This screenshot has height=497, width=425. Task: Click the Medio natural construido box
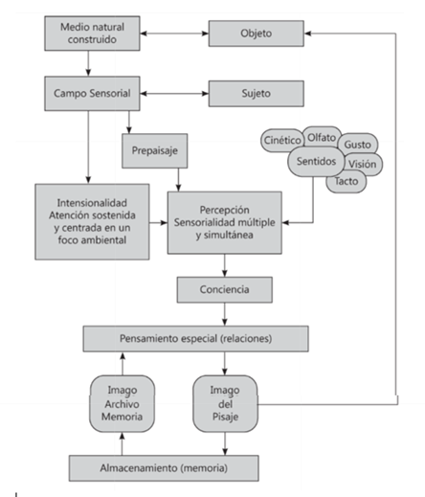92,34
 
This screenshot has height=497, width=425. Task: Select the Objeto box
257,34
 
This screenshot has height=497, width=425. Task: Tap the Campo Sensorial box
92,94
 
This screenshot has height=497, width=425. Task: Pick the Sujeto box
257,94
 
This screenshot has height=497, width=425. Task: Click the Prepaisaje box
155,150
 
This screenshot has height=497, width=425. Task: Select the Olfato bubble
322,137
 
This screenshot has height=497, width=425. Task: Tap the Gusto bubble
358,144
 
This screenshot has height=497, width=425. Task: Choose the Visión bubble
364,164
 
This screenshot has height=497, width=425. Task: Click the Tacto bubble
347,181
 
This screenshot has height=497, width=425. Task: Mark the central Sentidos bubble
316,161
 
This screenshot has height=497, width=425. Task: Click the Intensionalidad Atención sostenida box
92,221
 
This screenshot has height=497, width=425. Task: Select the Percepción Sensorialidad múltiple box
225,222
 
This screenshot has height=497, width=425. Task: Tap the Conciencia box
225,289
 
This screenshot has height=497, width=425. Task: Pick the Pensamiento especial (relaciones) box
195,339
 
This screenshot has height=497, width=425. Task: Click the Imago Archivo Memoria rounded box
122,403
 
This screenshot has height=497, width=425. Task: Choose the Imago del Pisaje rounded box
225,403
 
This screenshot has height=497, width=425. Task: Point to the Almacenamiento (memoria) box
164,468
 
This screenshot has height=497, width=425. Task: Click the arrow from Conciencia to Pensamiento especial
225,314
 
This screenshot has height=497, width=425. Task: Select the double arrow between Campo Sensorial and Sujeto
174,94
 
